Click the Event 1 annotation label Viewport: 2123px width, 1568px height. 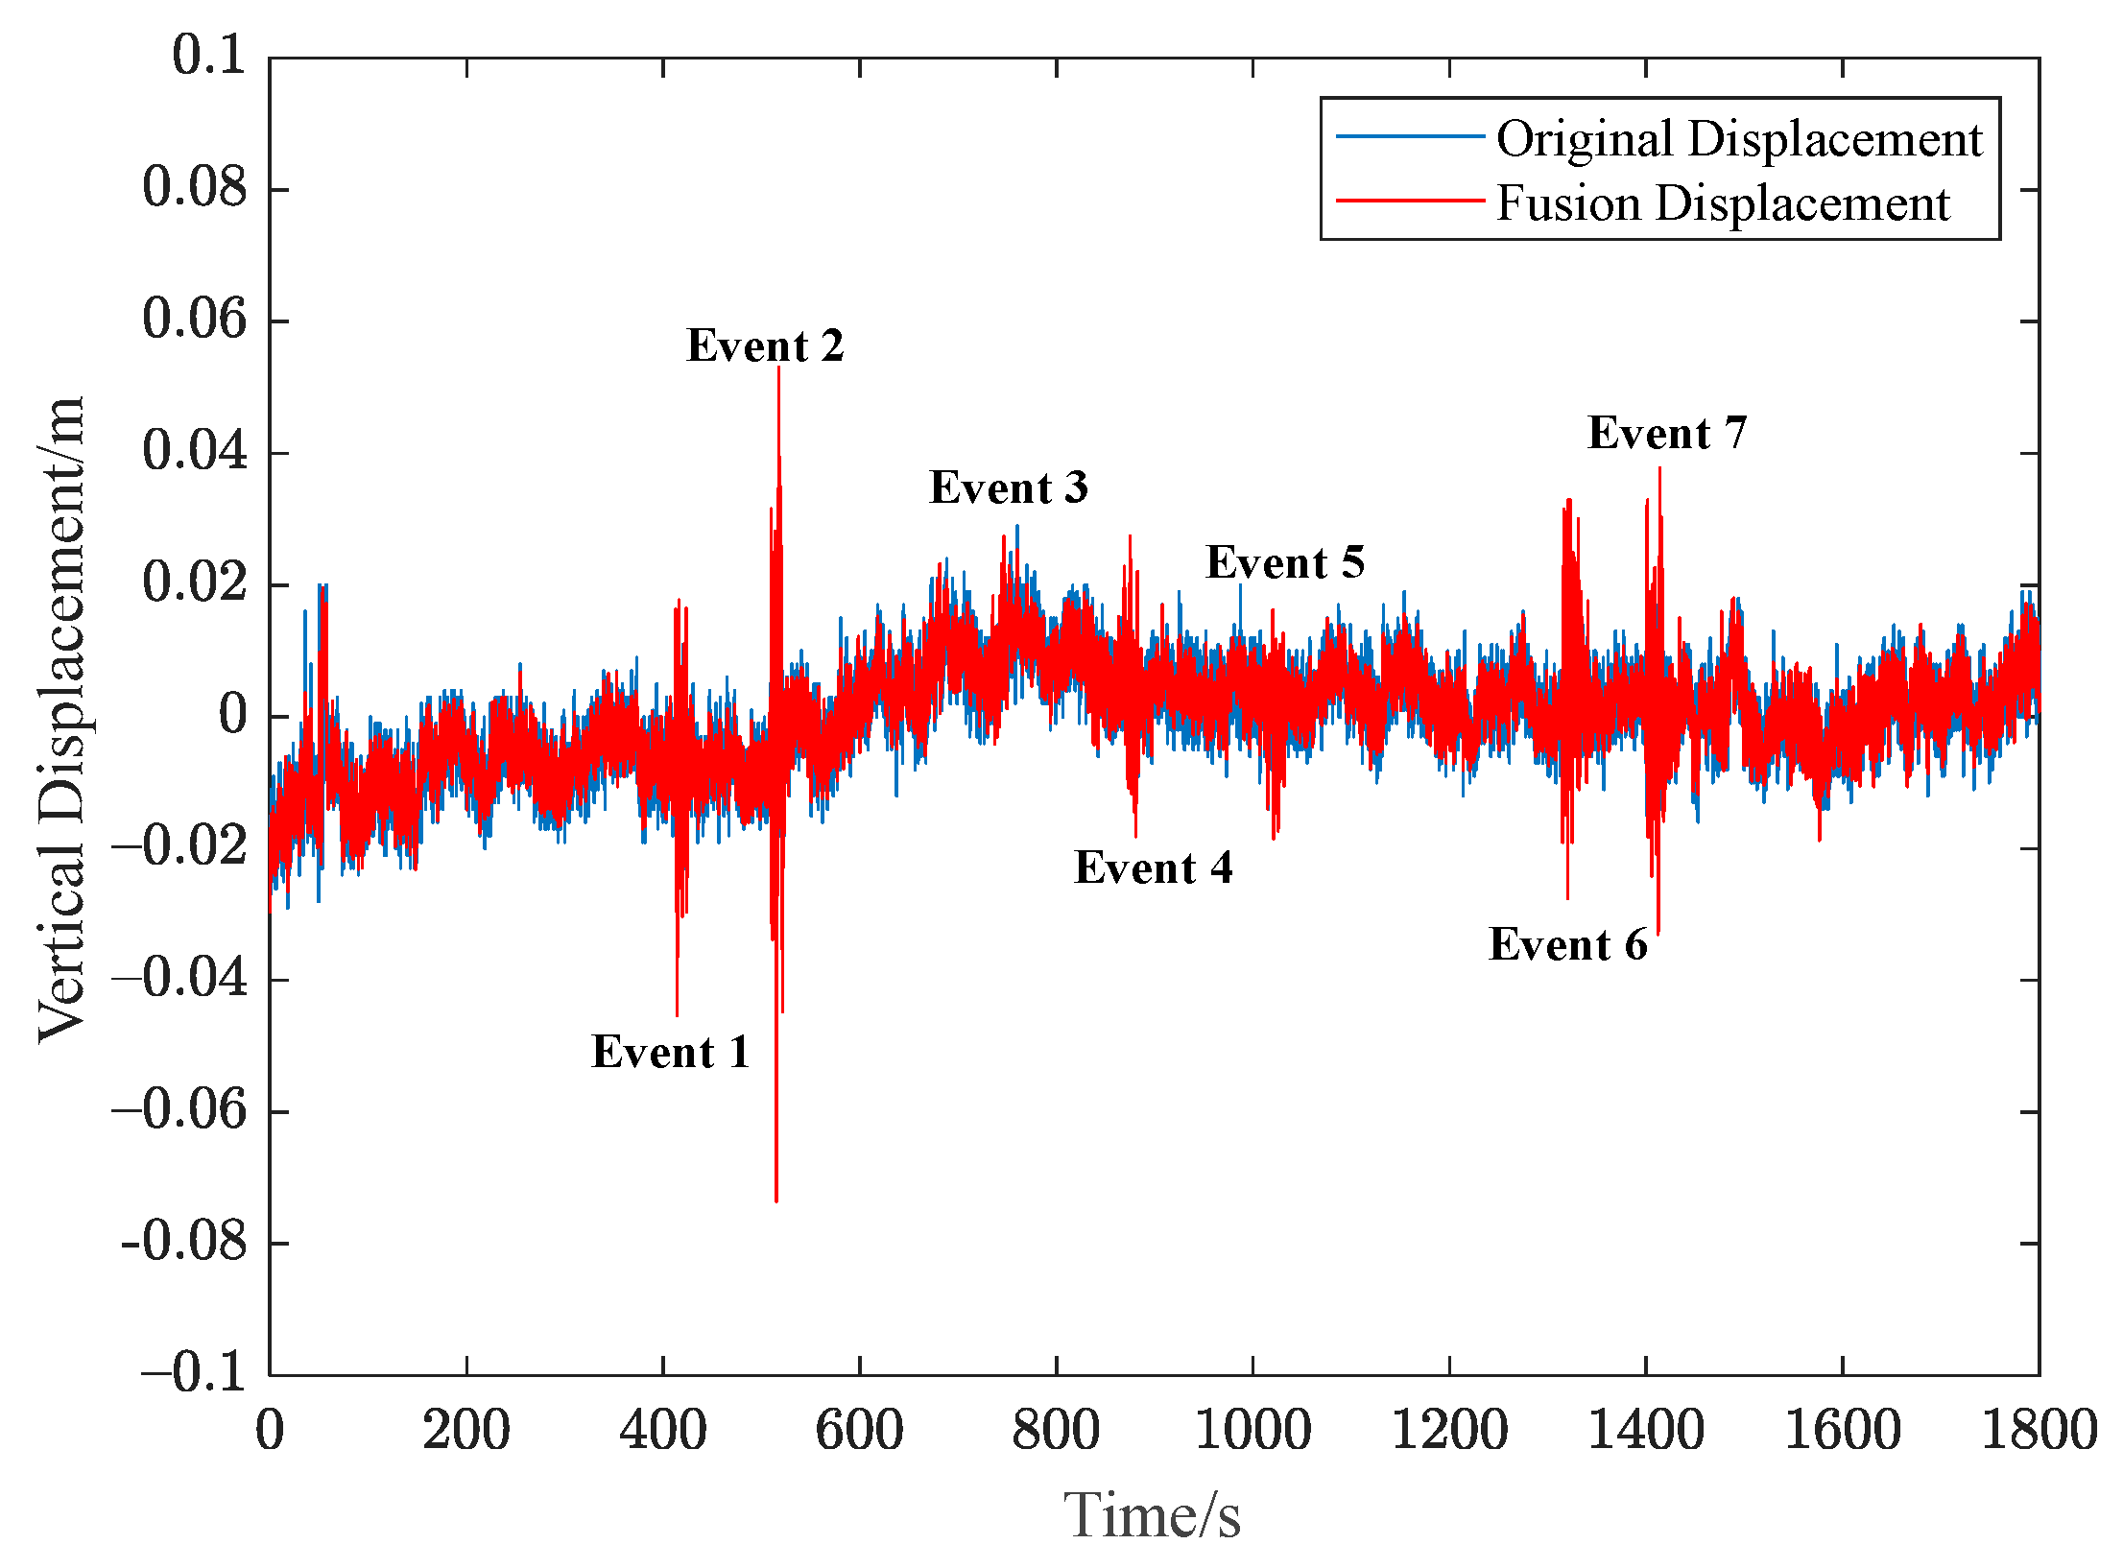(x=670, y=1052)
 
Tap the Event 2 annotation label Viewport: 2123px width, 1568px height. (x=765, y=345)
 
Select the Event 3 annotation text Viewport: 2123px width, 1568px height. (x=1009, y=487)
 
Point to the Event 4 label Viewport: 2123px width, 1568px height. (x=1153, y=867)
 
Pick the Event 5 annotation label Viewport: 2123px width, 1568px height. (x=1285, y=562)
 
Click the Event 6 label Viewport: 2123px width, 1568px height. (x=1568, y=944)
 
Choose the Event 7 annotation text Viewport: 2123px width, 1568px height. (x=1667, y=433)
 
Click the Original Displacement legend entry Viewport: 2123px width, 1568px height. (x=1739, y=138)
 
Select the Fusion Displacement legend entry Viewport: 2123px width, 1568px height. (x=1723, y=202)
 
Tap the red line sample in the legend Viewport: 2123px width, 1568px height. (x=1410, y=201)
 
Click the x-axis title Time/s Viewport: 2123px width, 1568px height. (x=1152, y=1516)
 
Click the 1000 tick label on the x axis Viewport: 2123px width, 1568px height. (x=1252, y=1430)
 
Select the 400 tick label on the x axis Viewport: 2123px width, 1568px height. (x=662, y=1430)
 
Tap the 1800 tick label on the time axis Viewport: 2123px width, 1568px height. (x=2040, y=1430)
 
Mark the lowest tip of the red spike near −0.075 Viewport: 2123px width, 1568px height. (x=776, y=1200)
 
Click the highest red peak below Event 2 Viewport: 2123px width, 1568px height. (x=778, y=368)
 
